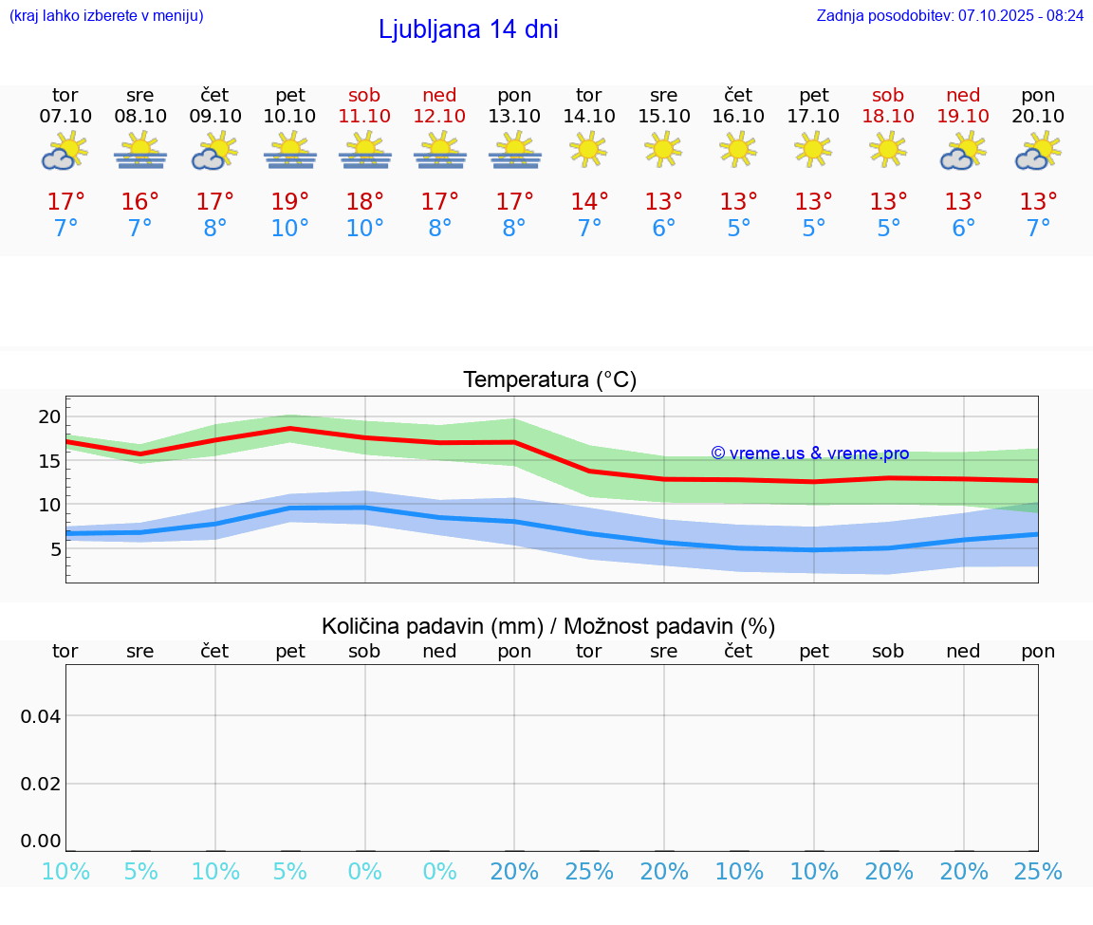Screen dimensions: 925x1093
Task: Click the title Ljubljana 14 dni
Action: coord(468,29)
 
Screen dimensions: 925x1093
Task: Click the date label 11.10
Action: coord(364,116)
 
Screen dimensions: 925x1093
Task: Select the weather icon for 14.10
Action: coord(588,149)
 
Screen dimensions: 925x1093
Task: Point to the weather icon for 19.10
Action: coord(963,151)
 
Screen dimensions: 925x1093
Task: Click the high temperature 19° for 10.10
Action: coord(289,201)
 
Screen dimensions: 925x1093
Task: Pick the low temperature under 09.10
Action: coord(215,229)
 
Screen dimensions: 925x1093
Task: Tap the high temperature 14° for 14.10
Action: coord(588,201)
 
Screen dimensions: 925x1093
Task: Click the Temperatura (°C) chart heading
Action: coord(549,379)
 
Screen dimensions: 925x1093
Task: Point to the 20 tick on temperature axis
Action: coord(49,416)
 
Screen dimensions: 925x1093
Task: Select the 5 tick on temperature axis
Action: coord(55,548)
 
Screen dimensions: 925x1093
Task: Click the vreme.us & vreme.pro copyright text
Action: coord(809,453)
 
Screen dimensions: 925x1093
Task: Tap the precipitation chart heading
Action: coord(548,626)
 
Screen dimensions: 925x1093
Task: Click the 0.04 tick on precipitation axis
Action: coord(41,715)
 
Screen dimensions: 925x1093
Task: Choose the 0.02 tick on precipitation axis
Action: coord(41,783)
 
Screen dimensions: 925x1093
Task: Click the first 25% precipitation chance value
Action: coord(588,872)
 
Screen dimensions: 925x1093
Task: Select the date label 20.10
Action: coord(1038,116)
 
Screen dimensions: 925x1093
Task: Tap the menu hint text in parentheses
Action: coord(106,16)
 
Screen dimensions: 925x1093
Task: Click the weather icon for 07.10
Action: coord(65,151)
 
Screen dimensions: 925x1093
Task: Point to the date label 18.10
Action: coord(888,116)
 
